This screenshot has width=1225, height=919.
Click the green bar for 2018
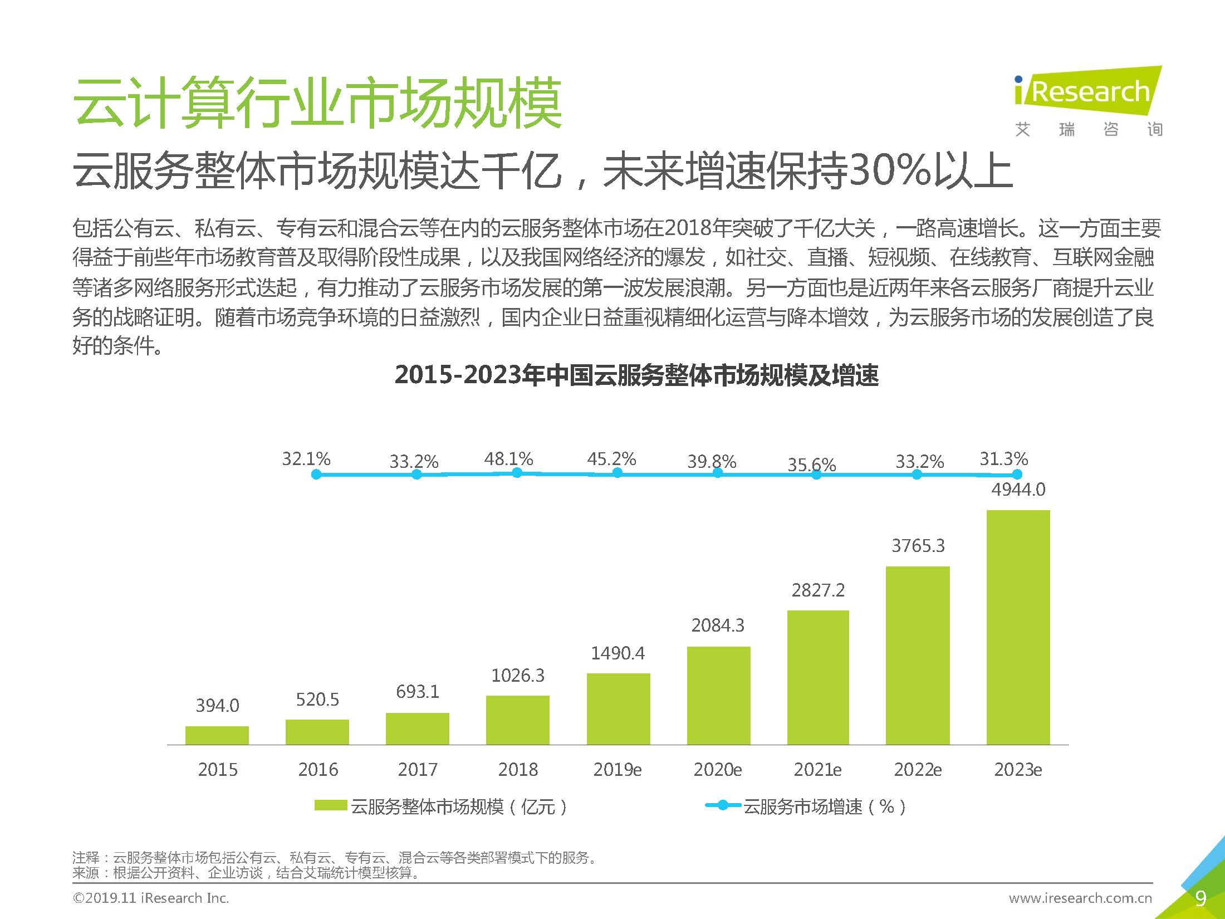coord(517,720)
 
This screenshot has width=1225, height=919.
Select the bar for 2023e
coord(1018,627)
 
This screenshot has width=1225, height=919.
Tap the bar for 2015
coord(217,735)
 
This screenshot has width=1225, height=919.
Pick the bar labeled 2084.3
coord(718,695)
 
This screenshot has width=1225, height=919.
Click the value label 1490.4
coord(618,653)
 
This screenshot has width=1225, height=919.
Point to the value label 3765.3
coord(918,545)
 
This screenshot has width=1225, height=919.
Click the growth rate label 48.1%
coord(508,459)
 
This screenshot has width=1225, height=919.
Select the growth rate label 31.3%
coord(1003,459)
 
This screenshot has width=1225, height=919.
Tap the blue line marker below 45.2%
coord(617,473)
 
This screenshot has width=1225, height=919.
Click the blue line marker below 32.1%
coord(316,475)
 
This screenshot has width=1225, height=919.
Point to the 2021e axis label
coord(817,770)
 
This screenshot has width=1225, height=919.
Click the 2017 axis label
coord(418,770)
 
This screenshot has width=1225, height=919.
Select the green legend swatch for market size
coord(331,805)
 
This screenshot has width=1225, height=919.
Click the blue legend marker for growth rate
coord(723,805)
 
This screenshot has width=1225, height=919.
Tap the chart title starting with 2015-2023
coord(636,375)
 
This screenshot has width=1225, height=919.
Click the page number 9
coord(1200,898)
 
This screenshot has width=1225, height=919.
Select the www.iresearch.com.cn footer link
coord(1080,898)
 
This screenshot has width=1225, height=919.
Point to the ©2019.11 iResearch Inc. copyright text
coord(150,898)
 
